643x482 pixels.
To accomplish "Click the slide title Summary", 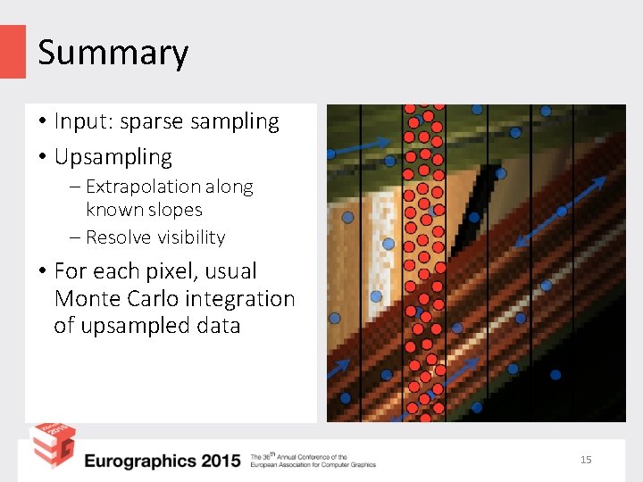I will (113, 53).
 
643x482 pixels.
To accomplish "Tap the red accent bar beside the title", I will (13, 51).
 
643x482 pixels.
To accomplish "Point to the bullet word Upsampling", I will (113, 157).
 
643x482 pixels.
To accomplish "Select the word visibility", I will (190, 237).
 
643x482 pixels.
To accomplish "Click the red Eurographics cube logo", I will (52, 445).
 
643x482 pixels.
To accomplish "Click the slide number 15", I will (586, 460).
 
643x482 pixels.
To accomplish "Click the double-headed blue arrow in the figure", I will (561, 212).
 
